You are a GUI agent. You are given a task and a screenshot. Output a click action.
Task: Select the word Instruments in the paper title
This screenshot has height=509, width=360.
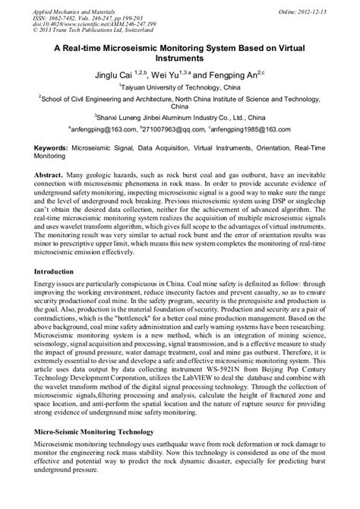point(181,58)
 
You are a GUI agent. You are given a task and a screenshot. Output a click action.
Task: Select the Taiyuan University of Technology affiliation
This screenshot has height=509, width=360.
point(180,89)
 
